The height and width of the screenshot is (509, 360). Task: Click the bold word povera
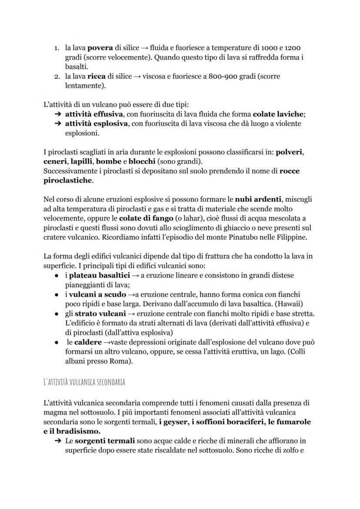point(101,47)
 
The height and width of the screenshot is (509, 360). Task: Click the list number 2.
point(57,76)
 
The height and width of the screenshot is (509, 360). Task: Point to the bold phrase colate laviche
point(278,114)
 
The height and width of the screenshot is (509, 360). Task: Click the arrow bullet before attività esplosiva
point(57,124)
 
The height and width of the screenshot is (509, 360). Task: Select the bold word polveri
point(290,153)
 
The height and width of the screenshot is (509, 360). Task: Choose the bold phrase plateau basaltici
point(99,276)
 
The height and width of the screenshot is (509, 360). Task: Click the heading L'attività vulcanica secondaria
point(84,382)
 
